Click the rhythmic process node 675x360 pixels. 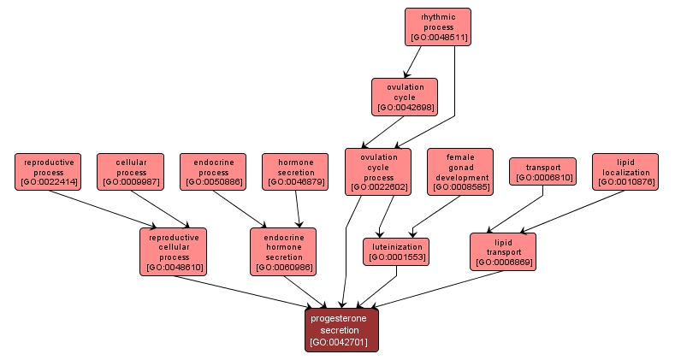click(x=437, y=27)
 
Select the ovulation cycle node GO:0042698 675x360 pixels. click(x=405, y=97)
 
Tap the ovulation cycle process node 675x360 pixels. click(x=377, y=172)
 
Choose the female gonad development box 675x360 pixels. click(x=460, y=172)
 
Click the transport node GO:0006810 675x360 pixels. click(x=542, y=172)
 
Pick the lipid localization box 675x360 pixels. click(x=625, y=172)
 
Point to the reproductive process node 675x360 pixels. click(x=48, y=172)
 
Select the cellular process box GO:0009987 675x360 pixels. click(x=130, y=172)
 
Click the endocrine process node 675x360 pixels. click(x=213, y=172)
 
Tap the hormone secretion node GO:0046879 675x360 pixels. click(x=296, y=172)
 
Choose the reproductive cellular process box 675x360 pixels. click(x=174, y=252)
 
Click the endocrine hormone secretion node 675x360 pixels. click(x=283, y=252)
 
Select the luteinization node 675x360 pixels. click(x=396, y=252)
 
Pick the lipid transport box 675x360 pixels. click(x=503, y=252)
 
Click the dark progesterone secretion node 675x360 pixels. click(x=341, y=330)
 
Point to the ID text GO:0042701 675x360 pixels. click(x=341, y=342)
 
